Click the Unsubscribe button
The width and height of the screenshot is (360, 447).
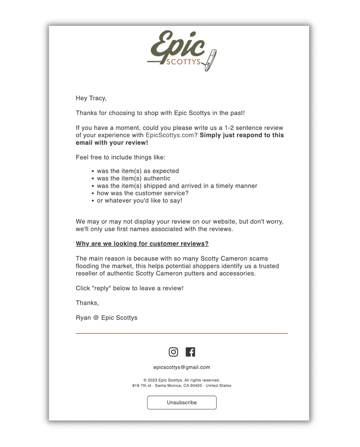pyautogui.click(x=182, y=402)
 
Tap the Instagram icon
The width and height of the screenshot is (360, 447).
pyautogui.click(x=173, y=352)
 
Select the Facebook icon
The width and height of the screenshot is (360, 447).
pyautogui.click(x=190, y=352)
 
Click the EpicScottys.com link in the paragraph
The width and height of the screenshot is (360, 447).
pyautogui.click(x=170, y=135)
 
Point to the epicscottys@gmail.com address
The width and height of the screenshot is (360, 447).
pyautogui.click(x=182, y=367)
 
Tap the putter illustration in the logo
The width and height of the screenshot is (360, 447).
pyautogui.click(x=211, y=60)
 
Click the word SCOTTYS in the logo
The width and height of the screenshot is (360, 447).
pyautogui.click(x=183, y=62)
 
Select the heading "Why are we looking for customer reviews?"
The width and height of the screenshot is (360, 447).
pyautogui.click(x=142, y=244)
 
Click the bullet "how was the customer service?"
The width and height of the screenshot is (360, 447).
pyautogui.click(x=143, y=193)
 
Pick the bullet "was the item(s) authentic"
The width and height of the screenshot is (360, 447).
pyautogui.click(x=134, y=178)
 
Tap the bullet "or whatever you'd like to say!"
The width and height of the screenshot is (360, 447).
pyautogui.click(x=139, y=201)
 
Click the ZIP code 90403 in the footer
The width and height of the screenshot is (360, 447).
pyautogui.click(x=196, y=386)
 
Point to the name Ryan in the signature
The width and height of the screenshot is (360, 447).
pyautogui.click(x=83, y=318)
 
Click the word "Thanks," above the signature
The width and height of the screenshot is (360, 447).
pyautogui.click(x=87, y=303)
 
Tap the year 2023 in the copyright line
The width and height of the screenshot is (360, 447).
pyautogui.click(x=152, y=380)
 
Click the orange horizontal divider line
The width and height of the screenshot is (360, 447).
pyautogui.click(x=182, y=333)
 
